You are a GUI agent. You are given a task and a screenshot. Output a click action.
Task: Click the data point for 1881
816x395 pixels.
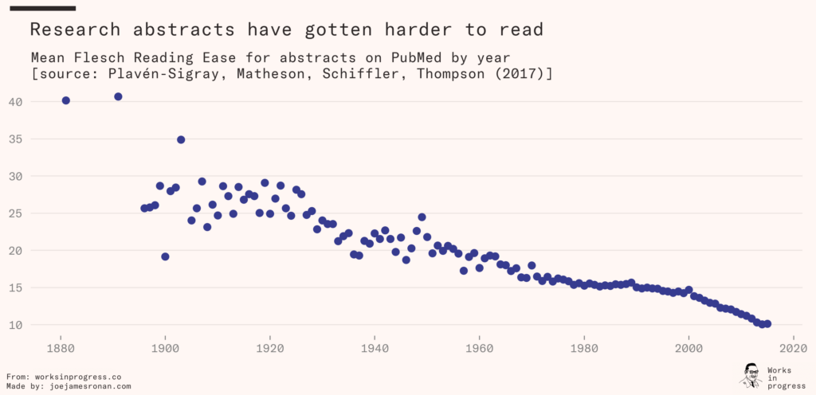click(65, 100)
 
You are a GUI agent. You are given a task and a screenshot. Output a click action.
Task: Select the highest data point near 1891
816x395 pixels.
click(118, 96)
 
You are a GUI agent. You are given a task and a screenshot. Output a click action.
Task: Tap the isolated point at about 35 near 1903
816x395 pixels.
click(181, 139)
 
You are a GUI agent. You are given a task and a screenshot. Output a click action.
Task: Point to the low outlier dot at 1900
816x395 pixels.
click(165, 256)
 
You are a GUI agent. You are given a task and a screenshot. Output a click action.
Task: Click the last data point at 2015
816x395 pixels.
click(767, 323)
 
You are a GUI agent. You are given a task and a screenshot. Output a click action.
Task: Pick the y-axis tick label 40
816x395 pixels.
click(17, 102)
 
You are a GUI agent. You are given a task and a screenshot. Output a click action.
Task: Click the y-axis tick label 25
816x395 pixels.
click(17, 213)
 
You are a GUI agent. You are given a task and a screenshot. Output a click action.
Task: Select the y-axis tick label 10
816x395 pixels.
click(17, 325)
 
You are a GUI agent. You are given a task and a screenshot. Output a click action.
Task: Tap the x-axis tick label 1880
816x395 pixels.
click(60, 348)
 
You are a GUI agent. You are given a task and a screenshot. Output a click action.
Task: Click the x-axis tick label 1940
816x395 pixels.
click(375, 348)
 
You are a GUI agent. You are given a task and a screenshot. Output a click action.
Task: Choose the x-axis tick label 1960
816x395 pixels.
click(479, 348)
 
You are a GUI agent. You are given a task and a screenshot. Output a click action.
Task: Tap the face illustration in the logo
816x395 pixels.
click(750, 375)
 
